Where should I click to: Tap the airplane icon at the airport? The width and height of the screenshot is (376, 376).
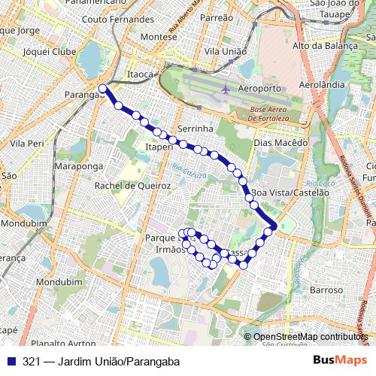tap(225, 89)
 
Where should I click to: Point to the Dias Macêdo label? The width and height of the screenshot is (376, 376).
tap(282, 142)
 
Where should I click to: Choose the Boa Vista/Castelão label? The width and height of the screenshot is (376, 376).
tap(291, 193)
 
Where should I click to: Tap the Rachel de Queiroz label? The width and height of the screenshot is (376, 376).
tap(132, 186)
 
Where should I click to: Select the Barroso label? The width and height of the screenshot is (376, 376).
tap(326, 289)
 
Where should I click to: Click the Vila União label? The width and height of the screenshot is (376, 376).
tap(223, 50)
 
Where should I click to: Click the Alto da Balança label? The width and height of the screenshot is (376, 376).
tap(326, 46)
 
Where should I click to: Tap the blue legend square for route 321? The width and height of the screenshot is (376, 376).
tap(9, 361)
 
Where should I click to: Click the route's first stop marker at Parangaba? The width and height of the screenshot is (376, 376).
tap(102, 89)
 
